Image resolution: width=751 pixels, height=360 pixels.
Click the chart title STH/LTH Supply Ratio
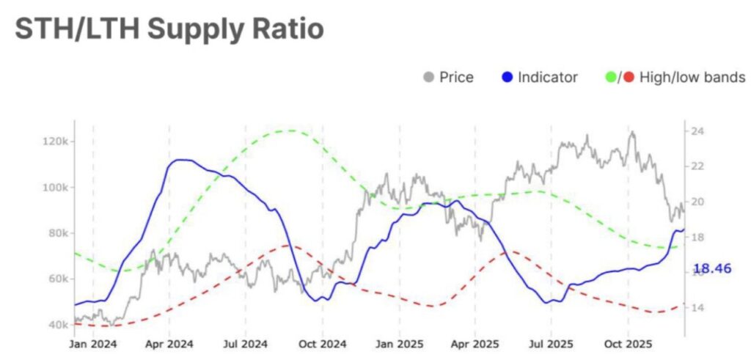coord(169,29)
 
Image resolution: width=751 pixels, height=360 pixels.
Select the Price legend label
coord(456,77)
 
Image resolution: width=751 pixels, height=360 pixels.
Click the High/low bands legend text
coord(692,77)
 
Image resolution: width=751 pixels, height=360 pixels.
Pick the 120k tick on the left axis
coord(56,141)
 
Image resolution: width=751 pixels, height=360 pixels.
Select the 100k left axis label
coord(56,187)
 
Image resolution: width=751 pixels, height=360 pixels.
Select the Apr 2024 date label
coord(169,342)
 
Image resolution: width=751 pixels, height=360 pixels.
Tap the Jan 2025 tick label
coord(400,342)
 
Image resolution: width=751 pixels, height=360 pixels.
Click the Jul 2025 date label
coord(551,342)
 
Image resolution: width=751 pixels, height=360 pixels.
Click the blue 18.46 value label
coord(712,268)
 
